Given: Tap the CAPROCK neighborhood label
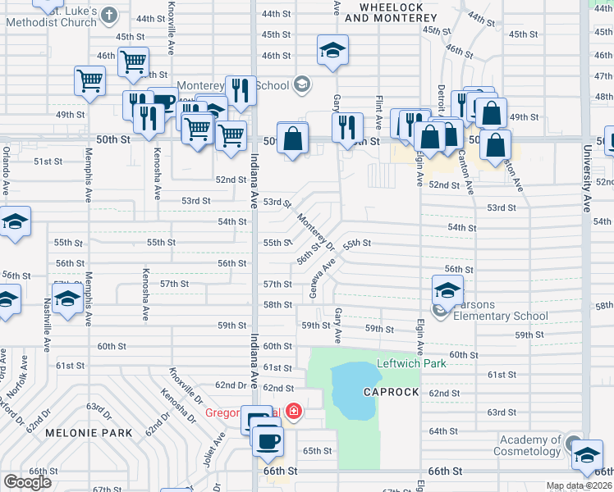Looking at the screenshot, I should (391, 392).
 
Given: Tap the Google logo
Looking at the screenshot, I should (28, 482).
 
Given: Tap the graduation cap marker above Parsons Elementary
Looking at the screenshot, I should (447, 289).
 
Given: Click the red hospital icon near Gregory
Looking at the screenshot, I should (294, 412).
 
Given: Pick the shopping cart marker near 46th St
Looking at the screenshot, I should (132, 60).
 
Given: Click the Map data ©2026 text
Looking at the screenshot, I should (580, 485).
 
